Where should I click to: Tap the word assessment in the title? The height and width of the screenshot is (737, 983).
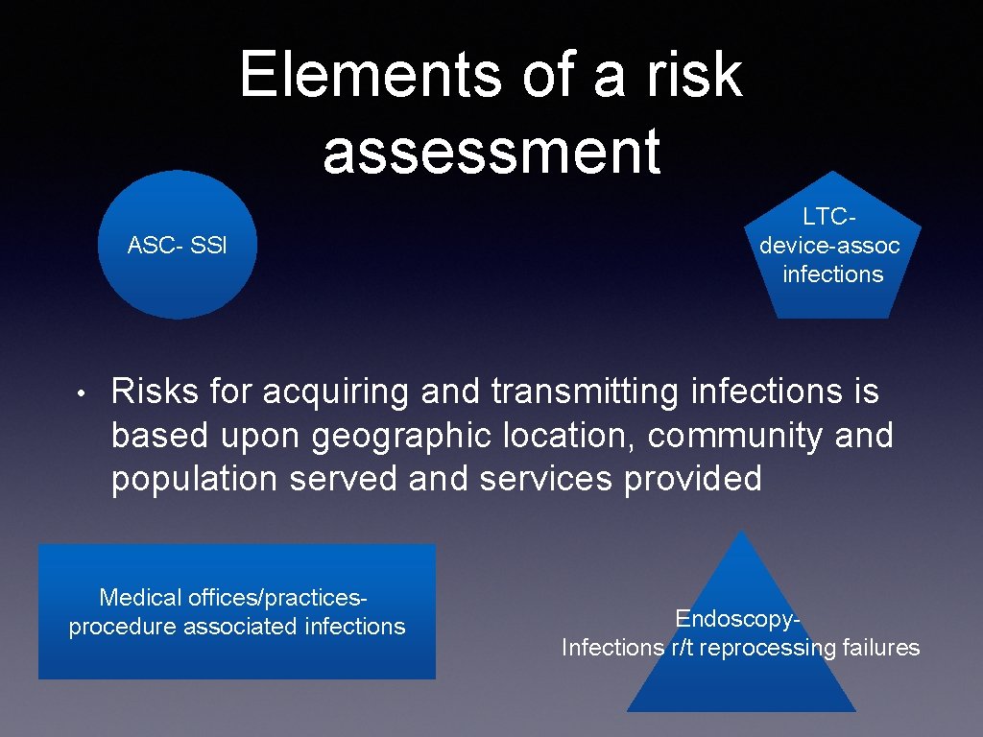pyautogui.click(x=491, y=152)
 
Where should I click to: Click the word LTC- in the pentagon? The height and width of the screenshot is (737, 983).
pyautogui.click(x=831, y=217)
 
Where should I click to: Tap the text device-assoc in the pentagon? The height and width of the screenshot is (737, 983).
pyautogui.click(x=829, y=246)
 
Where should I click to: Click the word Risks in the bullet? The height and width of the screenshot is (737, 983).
pyautogui.click(x=155, y=392)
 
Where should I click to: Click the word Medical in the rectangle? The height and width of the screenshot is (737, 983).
pyautogui.click(x=140, y=598)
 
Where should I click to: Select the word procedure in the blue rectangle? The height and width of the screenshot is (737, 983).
pyautogui.click(x=122, y=627)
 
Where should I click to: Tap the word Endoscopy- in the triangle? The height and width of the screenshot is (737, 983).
pyautogui.click(x=738, y=618)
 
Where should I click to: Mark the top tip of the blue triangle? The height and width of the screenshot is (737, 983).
pyautogui.click(x=741, y=532)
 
